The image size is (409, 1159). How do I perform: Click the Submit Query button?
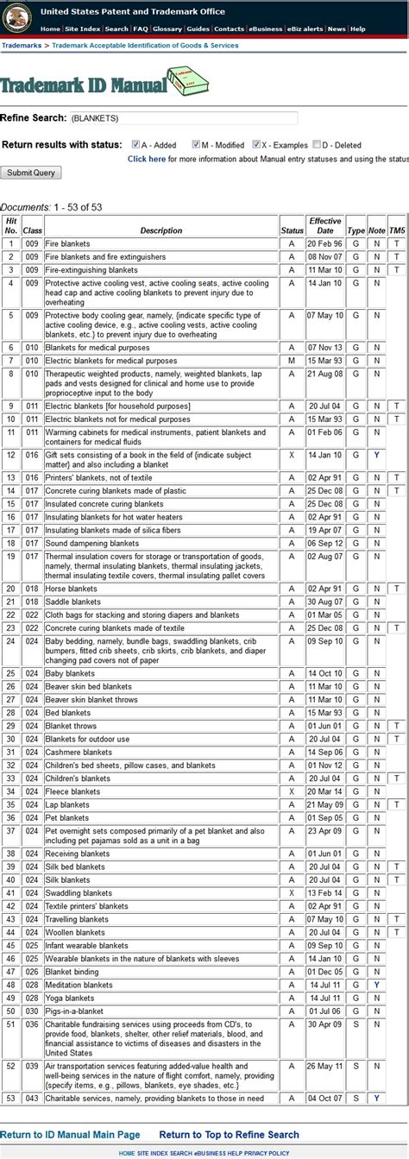tap(31, 173)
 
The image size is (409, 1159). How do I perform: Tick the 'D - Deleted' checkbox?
tap(317, 144)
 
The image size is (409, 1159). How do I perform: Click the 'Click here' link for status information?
tap(146, 159)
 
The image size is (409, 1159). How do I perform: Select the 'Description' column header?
tap(161, 230)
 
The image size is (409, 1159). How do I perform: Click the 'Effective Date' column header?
tap(325, 226)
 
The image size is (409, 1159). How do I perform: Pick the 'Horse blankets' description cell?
tap(71, 589)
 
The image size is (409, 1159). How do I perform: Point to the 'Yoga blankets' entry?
tap(70, 998)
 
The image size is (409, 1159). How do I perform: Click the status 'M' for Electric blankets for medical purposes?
tap(292, 360)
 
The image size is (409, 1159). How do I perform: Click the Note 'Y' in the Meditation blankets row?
tap(376, 985)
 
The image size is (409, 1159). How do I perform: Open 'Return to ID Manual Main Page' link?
tap(70, 1135)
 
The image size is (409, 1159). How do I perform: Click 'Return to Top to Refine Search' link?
tap(230, 1135)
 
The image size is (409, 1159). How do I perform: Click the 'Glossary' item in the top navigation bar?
tap(167, 28)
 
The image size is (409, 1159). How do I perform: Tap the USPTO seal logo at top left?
tap(17, 17)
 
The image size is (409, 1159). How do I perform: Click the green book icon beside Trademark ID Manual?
tap(188, 83)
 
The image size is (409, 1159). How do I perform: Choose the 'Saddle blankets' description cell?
tap(72, 602)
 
